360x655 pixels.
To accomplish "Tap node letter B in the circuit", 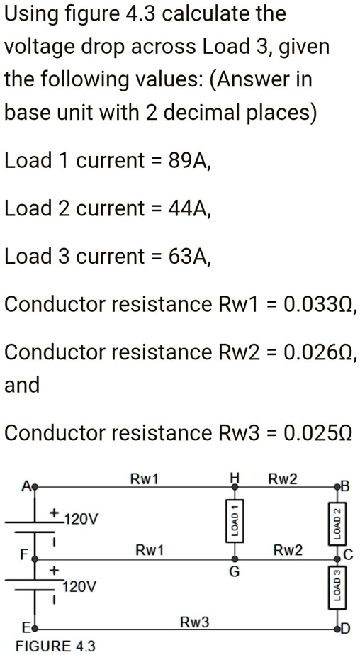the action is pyautogui.click(x=345, y=486).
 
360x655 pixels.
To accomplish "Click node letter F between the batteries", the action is pyautogui.click(x=24, y=555).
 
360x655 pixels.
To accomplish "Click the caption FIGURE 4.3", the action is pyautogui.click(x=55, y=646).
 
